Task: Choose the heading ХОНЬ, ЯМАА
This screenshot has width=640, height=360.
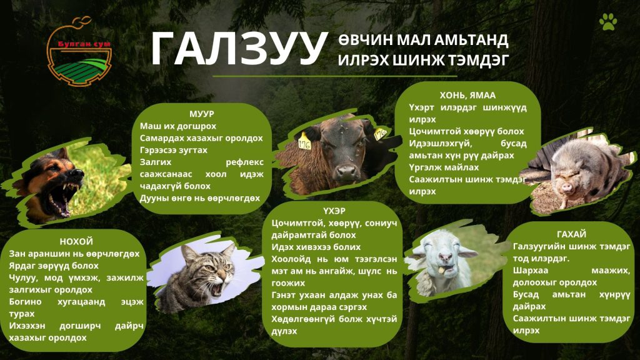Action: point(467,96)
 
